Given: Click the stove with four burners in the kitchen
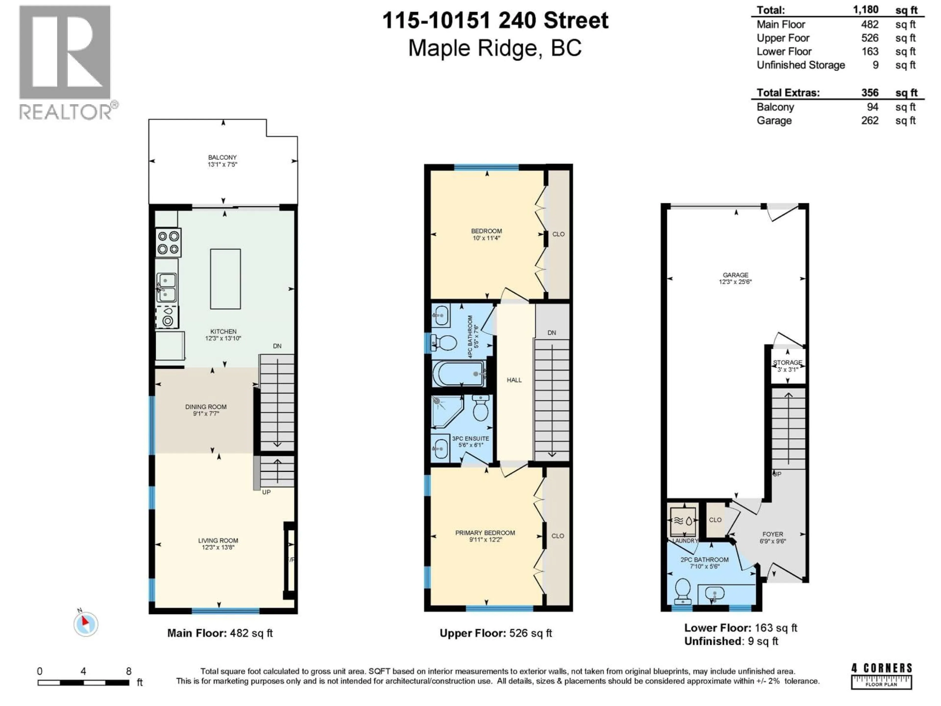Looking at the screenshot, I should (x=168, y=243).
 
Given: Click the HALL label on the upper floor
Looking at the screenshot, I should (x=514, y=380).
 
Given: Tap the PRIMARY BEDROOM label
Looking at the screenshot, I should (x=485, y=533).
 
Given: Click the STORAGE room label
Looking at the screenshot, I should (x=787, y=363).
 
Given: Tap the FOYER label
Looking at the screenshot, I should (x=773, y=534).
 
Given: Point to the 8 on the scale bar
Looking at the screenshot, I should (x=128, y=671).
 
